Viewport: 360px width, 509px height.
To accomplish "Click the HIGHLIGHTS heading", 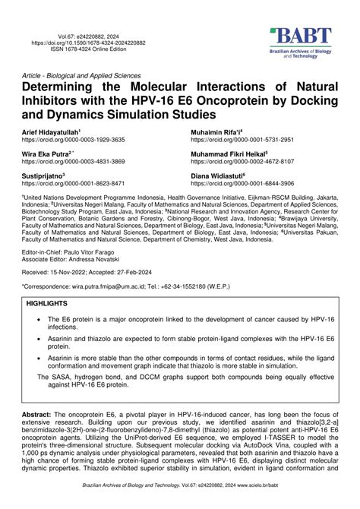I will (x=47, y=303).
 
